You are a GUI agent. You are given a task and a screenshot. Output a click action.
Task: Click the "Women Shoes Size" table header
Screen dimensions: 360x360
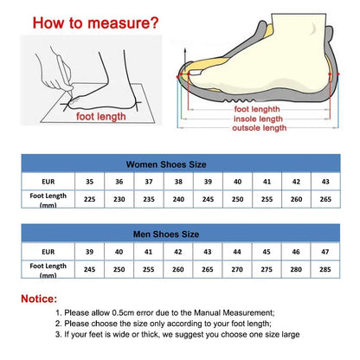180,163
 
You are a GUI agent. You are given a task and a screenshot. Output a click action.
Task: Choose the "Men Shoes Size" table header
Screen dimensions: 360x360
179,233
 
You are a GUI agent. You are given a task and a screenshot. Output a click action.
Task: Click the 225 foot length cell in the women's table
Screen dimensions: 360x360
89,200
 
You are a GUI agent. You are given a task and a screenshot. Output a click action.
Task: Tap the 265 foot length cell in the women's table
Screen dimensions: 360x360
325,200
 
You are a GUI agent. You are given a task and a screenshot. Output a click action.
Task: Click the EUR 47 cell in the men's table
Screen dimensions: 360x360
325,251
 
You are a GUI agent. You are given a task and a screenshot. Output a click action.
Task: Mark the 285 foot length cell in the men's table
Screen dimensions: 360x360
325,268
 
